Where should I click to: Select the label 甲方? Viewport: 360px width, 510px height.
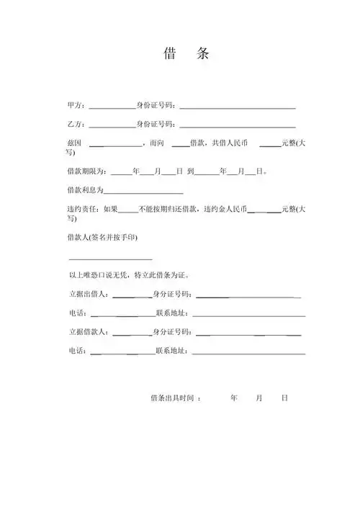(76, 106)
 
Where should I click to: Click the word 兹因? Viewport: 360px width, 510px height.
(74, 143)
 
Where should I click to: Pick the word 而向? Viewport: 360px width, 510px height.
(158, 143)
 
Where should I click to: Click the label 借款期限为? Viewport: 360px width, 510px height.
(87, 173)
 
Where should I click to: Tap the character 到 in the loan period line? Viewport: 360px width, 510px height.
(190, 173)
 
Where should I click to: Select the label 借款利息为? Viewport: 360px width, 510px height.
(85, 191)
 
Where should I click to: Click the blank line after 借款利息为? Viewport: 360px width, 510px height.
(144, 192)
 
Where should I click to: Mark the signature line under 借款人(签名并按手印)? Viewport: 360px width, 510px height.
(110, 259)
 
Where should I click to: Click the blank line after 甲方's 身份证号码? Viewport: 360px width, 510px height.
(238, 107)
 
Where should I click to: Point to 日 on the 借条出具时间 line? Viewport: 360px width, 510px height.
(285, 398)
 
